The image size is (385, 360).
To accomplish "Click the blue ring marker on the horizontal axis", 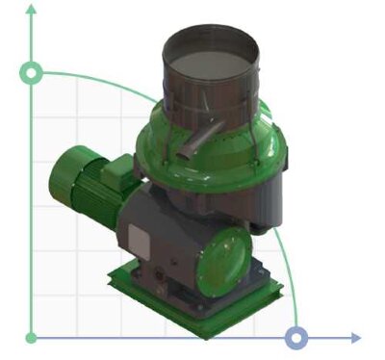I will pyautogui.click(x=297, y=337).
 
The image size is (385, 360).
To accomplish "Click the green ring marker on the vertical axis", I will pyautogui.click(x=32, y=73).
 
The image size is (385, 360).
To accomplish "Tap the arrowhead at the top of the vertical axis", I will pyautogui.click(x=32, y=9).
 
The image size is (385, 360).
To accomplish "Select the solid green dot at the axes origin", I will pyautogui.click(x=32, y=338).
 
